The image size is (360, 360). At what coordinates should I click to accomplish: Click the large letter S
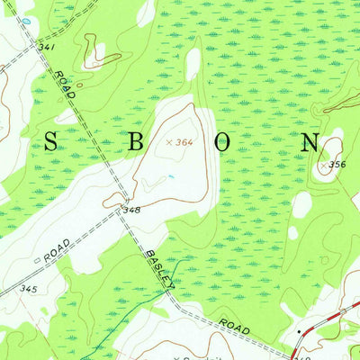point(50,141)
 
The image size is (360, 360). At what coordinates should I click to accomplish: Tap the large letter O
point(226,141)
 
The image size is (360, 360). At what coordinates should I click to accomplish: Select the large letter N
point(310,141)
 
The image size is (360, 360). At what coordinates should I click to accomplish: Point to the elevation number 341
point(48,46)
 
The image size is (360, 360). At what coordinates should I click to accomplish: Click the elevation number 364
point(184,141)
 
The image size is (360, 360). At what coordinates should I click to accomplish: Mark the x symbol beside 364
point(168,141)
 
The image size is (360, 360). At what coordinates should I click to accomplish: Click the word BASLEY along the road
point(160,269)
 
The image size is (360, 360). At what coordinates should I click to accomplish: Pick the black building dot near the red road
point(300,332)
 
